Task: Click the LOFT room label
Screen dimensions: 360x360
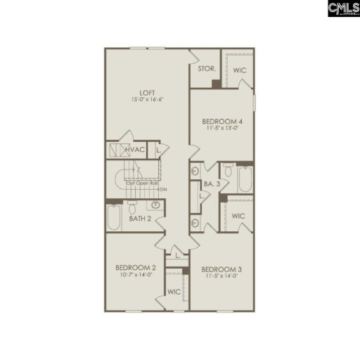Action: [x=147, y=93]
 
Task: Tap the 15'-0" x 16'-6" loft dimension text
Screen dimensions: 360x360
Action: [x=147, y=100]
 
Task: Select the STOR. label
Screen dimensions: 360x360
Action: [x=206, y=69]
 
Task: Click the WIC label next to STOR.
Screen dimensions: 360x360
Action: [x=239, y=70]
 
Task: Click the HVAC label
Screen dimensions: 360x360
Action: [x=135, y=150]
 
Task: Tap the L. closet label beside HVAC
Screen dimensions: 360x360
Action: [x=159, y=150]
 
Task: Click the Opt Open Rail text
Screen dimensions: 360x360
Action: [x=143, y=184]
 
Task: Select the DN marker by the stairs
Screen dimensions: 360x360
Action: [x=163, y=190]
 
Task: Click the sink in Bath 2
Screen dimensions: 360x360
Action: [x=155, y=205]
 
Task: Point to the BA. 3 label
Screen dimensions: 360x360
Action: [x=209, y=184]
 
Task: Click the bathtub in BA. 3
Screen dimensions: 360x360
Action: [x=244, y=180]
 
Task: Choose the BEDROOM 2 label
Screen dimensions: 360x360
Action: [x=136, y=267]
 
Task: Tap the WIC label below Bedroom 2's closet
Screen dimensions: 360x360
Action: [x=174, y=291]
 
